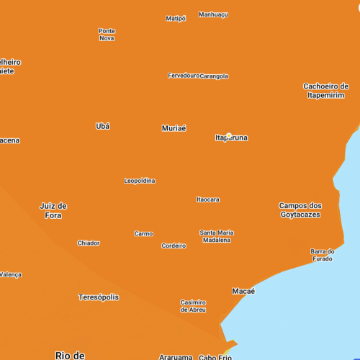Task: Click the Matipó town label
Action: click(x=176, y=19)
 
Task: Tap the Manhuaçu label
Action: click(x=213, y=14)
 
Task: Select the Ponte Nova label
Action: click(x=107, y=35)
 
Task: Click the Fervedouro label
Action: click(x=183, y=76)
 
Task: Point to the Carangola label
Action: click(x=214, y=76)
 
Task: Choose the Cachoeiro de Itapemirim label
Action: click(x=325, y=91)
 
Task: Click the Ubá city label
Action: click(x=103, y=126)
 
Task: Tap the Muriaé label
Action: click(x=174, y=128)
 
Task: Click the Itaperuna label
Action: click(x=231, y=138)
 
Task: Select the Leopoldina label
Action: click(x=140, y=181)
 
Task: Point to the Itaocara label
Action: click(x=208, y=199)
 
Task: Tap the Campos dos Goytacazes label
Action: click(x=300, y=210)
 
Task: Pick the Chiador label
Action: click(x=89, y=243)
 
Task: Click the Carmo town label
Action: click(x=143, y=233)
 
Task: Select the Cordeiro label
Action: click(x=174, y=246)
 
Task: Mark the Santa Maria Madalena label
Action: click(x=216, y=236)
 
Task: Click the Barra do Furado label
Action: click(x=322, y=255)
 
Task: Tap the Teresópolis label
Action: click(x=99, y=297)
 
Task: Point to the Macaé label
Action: click(x=243, y=291)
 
